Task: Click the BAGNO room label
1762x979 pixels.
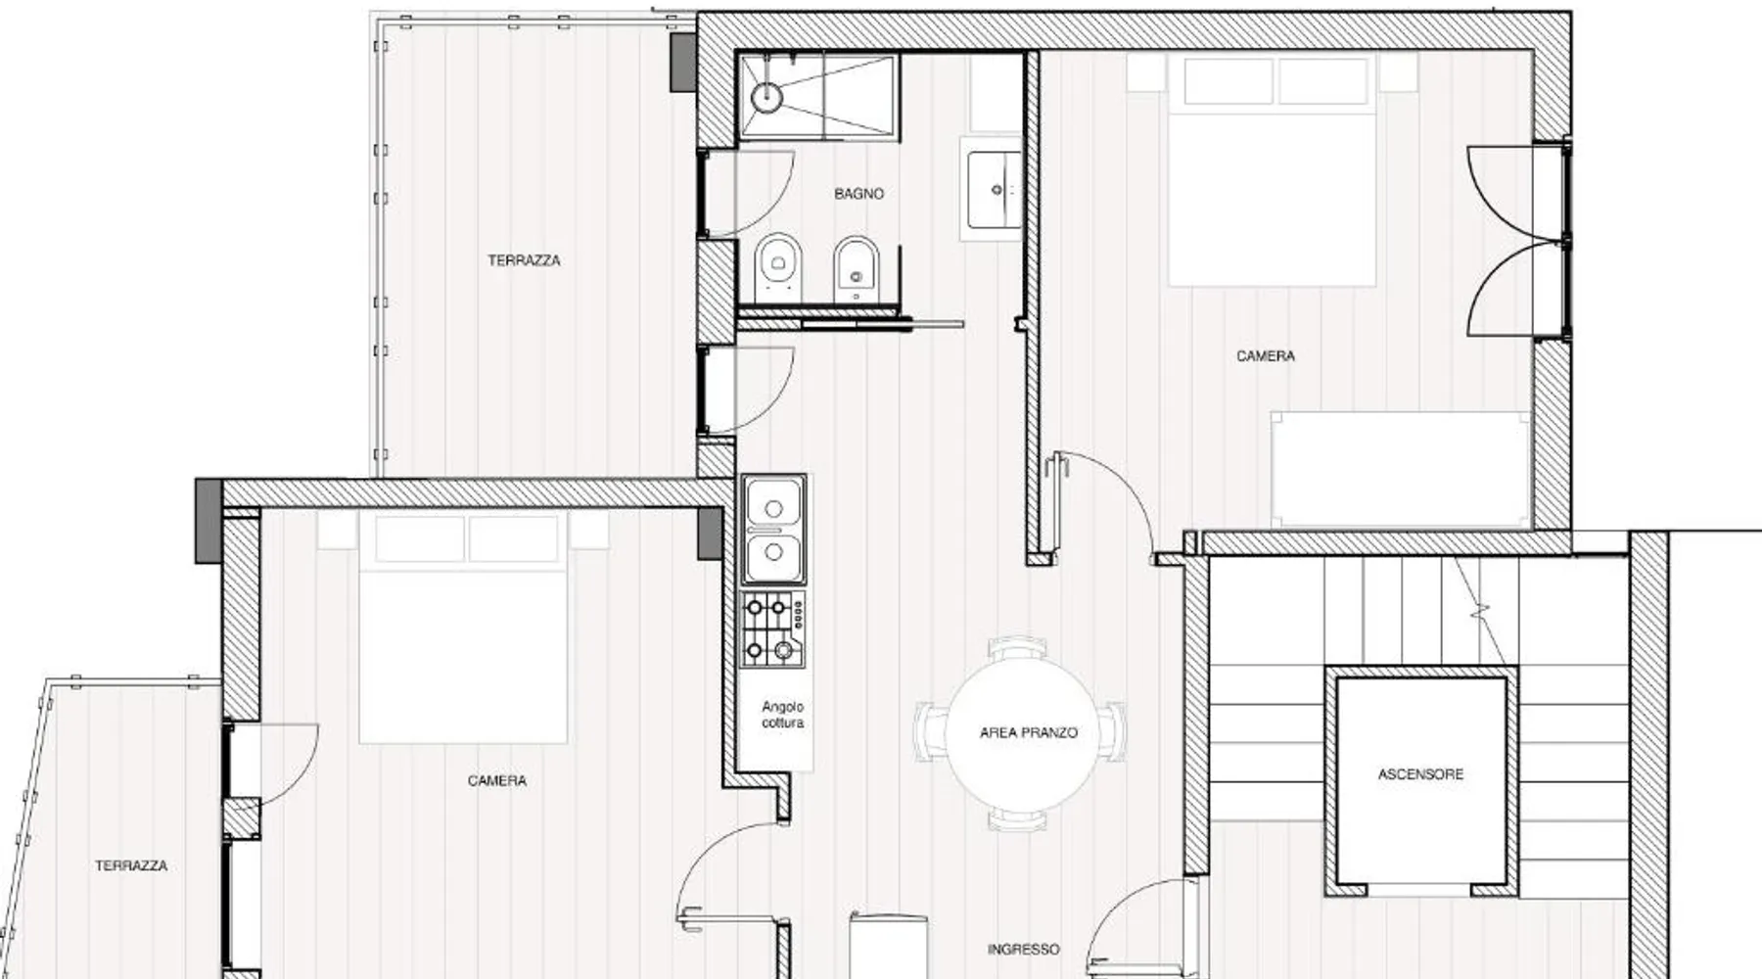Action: point(858,194)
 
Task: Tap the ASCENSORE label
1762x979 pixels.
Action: point(1420,774)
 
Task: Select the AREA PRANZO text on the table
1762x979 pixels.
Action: point(1028,732)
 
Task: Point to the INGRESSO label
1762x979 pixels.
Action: point(1023,950)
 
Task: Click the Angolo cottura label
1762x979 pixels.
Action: point(783,715)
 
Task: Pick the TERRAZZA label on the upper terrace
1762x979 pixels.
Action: point(524,260)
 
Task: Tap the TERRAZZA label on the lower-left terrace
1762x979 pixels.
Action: point(131,865)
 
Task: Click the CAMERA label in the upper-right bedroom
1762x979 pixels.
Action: point(1265,356)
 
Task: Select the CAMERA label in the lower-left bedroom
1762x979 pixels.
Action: point(496,780)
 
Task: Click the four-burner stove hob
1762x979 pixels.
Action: point(773,629)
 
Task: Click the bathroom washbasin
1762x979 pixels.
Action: point(994,190)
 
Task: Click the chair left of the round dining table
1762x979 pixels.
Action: point(929,731)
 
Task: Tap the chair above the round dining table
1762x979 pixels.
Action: point(1019,647)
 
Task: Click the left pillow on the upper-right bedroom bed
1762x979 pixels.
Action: point(1228,81)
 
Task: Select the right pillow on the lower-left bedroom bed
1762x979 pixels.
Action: point(513,538)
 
